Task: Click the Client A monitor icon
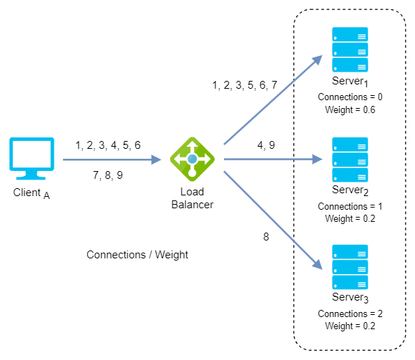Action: point(31,159)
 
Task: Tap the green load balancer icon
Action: point(192,159)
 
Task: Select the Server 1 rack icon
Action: point(350,49)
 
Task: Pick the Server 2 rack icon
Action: point(350,160)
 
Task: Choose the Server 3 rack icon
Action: point(350,267)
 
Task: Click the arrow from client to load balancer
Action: point(112,160)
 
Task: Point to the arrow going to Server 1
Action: point(273,99)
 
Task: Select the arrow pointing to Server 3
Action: point(273,220)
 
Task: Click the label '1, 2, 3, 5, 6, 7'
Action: point(245,85)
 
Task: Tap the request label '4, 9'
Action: point(266,145)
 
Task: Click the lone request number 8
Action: point(266,237)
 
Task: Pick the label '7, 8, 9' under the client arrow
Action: point(108,175)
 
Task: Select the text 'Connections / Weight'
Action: point(137,255)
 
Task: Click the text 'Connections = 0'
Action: point(350,97)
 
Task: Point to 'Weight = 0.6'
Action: point(350,110)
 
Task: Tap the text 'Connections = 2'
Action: point(350,313)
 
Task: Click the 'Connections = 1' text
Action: point(350,206)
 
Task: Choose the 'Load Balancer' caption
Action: point(192,198)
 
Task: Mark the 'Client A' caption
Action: point(31,193)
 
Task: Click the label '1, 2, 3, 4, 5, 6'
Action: point(108,145)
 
